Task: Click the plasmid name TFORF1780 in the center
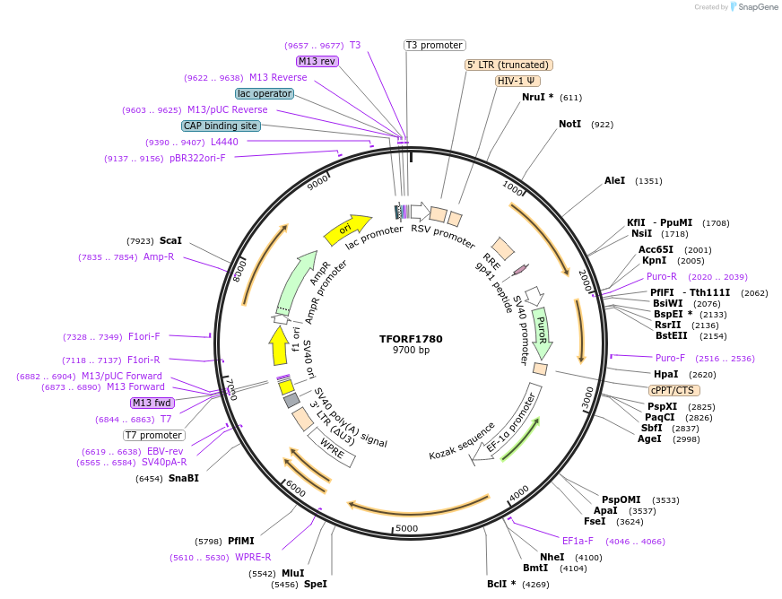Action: click(411, 339)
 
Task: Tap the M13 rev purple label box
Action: click(317, 61)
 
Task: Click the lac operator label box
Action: click(265, 93)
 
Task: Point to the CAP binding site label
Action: click(221, 126)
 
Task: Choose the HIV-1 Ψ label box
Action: click(518, 81)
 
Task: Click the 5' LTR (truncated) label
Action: click(508, 65)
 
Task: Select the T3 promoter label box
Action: click(434, 45)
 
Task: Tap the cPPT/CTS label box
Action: click(674, 390)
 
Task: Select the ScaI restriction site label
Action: click(170, 240)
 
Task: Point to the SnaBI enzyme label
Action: click(184, 479)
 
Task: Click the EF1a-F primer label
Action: click(578, 541)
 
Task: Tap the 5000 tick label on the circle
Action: click(407, 528)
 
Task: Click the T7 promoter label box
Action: click(154, 436)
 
